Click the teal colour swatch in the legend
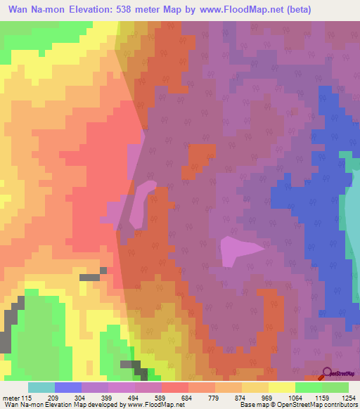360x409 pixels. pos(41,387)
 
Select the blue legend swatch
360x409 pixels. pos(68,387)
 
